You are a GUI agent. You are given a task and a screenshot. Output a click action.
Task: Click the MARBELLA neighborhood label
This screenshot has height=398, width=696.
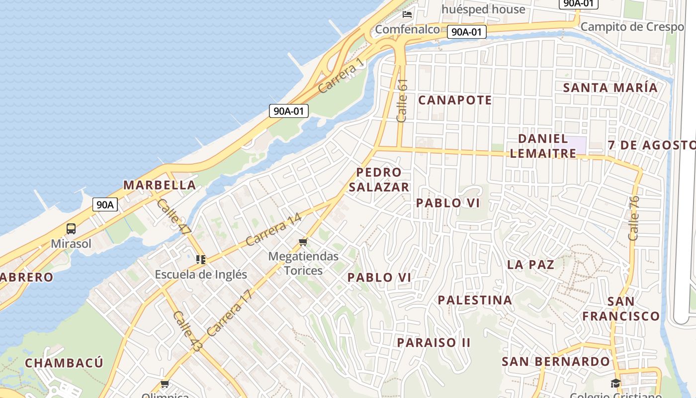[x=159, y=185]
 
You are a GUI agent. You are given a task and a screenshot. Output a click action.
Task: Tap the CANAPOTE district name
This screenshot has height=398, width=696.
[x=455, y=100]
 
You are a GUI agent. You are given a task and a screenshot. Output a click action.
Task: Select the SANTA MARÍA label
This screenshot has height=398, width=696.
[x=610, y=88]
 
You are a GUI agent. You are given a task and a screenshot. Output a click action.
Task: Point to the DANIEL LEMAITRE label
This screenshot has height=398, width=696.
[x=543, y=146]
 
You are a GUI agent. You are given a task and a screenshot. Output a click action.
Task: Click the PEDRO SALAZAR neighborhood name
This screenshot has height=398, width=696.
[x=379, y=180]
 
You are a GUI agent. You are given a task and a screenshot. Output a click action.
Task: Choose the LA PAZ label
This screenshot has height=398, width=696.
[x=530, y=265]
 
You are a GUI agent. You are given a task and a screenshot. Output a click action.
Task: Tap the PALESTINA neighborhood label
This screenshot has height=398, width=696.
[x=475, y=300]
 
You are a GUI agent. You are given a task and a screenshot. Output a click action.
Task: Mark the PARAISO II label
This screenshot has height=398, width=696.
[x=434, y=343]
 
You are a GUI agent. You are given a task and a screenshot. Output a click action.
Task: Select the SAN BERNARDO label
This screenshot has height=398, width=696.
[x=555, y=362]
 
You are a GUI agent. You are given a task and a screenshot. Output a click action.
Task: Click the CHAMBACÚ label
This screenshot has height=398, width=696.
[x=64, y=363]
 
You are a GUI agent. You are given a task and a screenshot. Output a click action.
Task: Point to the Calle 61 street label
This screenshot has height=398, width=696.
[x=402, y=100]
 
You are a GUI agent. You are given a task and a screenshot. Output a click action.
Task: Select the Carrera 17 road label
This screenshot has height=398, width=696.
[x=230, y=312]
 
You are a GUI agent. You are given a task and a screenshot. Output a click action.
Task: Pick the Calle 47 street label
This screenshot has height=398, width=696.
[x=174, y=216]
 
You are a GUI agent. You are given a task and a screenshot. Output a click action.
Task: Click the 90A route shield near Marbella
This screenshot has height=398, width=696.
[x=105, y=204]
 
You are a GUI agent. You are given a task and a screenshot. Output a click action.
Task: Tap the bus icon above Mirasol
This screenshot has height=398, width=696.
[x=71, y=229]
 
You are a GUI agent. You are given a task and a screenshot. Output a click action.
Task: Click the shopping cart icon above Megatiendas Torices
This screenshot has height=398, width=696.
[x=303, y=242]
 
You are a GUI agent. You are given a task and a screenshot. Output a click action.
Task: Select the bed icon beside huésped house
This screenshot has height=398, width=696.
[x=407, y=14]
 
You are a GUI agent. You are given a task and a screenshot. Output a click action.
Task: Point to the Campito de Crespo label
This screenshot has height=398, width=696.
[x=632, y=27]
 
